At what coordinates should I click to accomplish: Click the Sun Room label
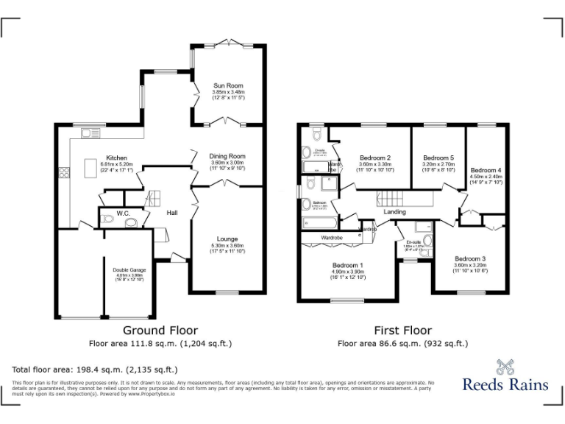(227, 85)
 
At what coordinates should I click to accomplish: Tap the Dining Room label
(227, 156)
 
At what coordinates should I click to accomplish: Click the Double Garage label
(129, 269)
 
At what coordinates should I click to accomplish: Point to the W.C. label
(123, 214)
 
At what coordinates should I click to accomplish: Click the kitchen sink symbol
(90, 132)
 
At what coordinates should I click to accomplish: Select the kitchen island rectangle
(90, 170)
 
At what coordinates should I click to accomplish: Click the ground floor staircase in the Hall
(154, 198)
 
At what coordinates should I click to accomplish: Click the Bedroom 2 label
(374, 158)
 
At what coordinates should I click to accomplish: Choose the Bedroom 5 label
(438, 158)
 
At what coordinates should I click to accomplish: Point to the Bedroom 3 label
(469, 259)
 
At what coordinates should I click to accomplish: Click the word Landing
(395, 212)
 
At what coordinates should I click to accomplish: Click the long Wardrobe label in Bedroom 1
(332, 239)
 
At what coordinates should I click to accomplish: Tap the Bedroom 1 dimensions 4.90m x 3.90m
(347, 272)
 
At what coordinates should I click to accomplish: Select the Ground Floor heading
(160, 331)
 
